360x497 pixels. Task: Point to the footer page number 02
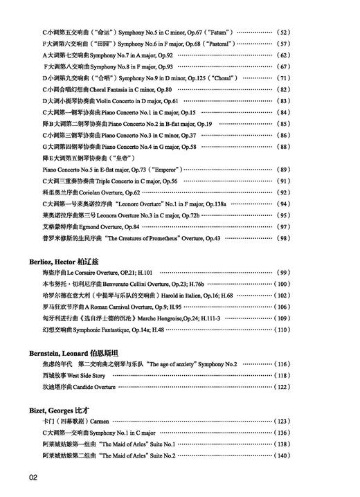33,478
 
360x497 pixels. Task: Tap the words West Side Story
88,375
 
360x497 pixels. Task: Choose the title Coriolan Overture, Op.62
114,192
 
